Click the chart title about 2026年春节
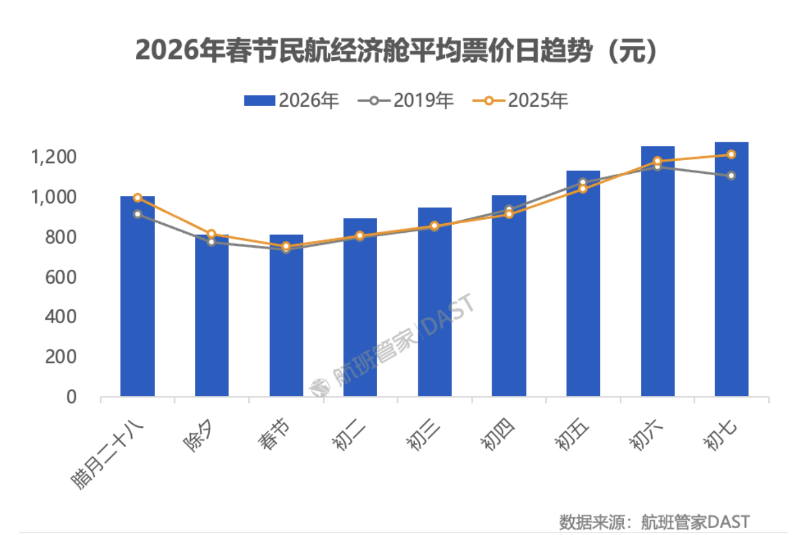pos(396,51)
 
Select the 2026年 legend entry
pos(291,101)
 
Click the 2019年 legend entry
pos(406,101)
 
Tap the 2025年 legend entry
pos(520,101)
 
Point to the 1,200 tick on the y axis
pos(53,157)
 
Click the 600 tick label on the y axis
pos(61,277)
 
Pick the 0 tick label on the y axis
pos(71,396)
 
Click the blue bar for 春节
pos(286,318)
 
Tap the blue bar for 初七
pos(732,273)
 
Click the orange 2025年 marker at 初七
pos(732,154)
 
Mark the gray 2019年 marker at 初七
pos(732,175)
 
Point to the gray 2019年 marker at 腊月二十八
pos(137,214)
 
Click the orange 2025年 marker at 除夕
pos(211,234)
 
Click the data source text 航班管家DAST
pos(695,521)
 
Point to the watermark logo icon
pos(320,387)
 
